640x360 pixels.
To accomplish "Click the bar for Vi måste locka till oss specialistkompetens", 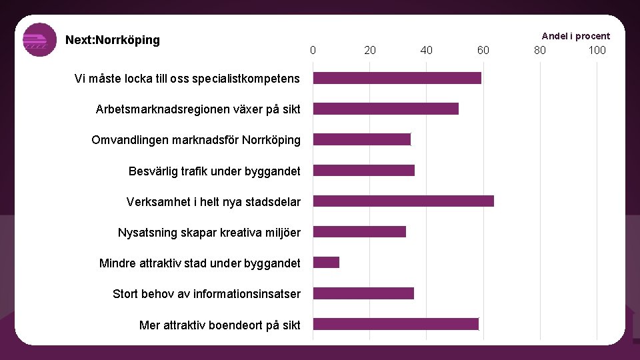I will pos(397,78).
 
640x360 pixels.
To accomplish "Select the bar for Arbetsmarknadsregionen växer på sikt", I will pos(385,109).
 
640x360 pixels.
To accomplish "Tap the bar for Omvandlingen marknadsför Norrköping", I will pos(361,139).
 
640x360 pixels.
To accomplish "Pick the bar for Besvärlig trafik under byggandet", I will pos(363,170).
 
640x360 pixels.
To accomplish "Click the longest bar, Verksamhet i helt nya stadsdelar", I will pos(403,201).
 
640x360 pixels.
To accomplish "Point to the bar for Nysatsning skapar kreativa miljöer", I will pos(359,231).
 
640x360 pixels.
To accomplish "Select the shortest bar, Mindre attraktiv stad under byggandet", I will pos(326,262).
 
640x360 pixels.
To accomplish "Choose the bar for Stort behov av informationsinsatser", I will pos(363,293).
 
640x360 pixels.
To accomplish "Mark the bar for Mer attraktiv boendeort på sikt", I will pos(395,324).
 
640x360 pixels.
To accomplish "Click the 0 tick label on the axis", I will pos(313,50).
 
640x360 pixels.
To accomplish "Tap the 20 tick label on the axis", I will pos(370,50).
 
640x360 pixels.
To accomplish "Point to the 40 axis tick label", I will pos(427,50).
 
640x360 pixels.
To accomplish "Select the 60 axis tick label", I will pos(483,50).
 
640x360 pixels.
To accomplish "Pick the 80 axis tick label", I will pos(540,50).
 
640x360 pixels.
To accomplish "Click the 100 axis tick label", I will pos(597,50).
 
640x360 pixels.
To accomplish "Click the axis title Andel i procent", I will pos(575,36).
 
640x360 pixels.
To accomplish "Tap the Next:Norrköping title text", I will pos(113,40).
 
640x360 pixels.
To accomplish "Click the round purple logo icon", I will pos(40,40).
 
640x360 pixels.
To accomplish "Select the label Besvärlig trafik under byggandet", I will pos(214,171).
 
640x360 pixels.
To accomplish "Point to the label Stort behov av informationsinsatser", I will pos(206,294).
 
